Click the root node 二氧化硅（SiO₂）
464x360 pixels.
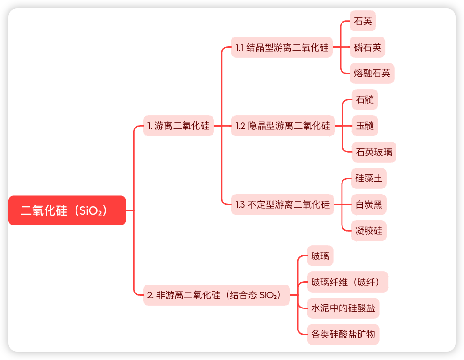tap(67, 210)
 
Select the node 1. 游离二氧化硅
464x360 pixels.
tap(178, 126)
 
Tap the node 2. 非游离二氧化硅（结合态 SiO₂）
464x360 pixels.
tap(216, 295)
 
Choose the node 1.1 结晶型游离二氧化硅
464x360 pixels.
tap(282, 47)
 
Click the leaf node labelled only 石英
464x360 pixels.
tap(363, 21)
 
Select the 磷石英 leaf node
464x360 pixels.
tap(367, 47)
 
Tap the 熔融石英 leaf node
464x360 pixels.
tap(372, 73)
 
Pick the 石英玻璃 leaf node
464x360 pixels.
tap(374, 152)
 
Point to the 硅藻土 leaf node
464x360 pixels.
tap(369, 178)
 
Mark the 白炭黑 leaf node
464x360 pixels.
tap(369, 204)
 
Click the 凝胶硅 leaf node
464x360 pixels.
tap(369, 231)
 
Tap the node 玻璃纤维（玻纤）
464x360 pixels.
tap(348, 282)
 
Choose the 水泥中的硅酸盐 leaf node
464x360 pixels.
tap(343, 308)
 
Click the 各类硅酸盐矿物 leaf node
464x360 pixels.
tap(343, 334)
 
